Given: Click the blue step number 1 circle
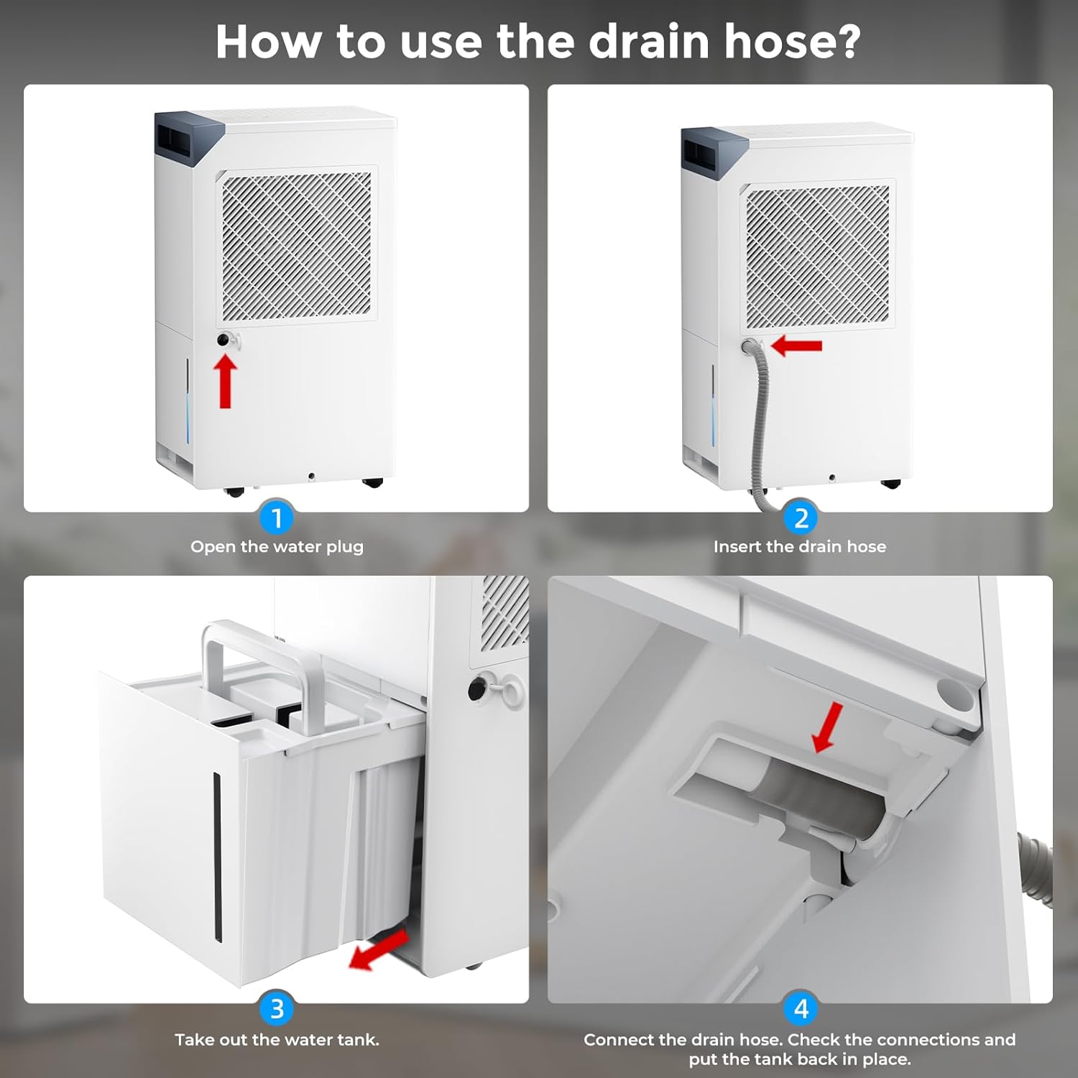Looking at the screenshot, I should click(277, 517).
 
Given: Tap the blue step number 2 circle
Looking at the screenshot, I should click(801, 517).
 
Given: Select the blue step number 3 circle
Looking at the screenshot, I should click(277, 1009).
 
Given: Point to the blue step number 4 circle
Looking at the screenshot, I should click(801, 1009).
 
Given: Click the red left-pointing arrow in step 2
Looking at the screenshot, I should click(796, 346).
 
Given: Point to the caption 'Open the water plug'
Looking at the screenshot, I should click(277, 547).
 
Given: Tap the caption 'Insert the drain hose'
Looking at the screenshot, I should click(799, 547).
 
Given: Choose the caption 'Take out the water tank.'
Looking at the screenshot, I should click(277, 1040).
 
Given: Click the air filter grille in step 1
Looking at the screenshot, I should click(297, 247).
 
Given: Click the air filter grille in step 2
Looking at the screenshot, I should click(817, 255).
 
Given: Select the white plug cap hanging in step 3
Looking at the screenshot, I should click(512, 695).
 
